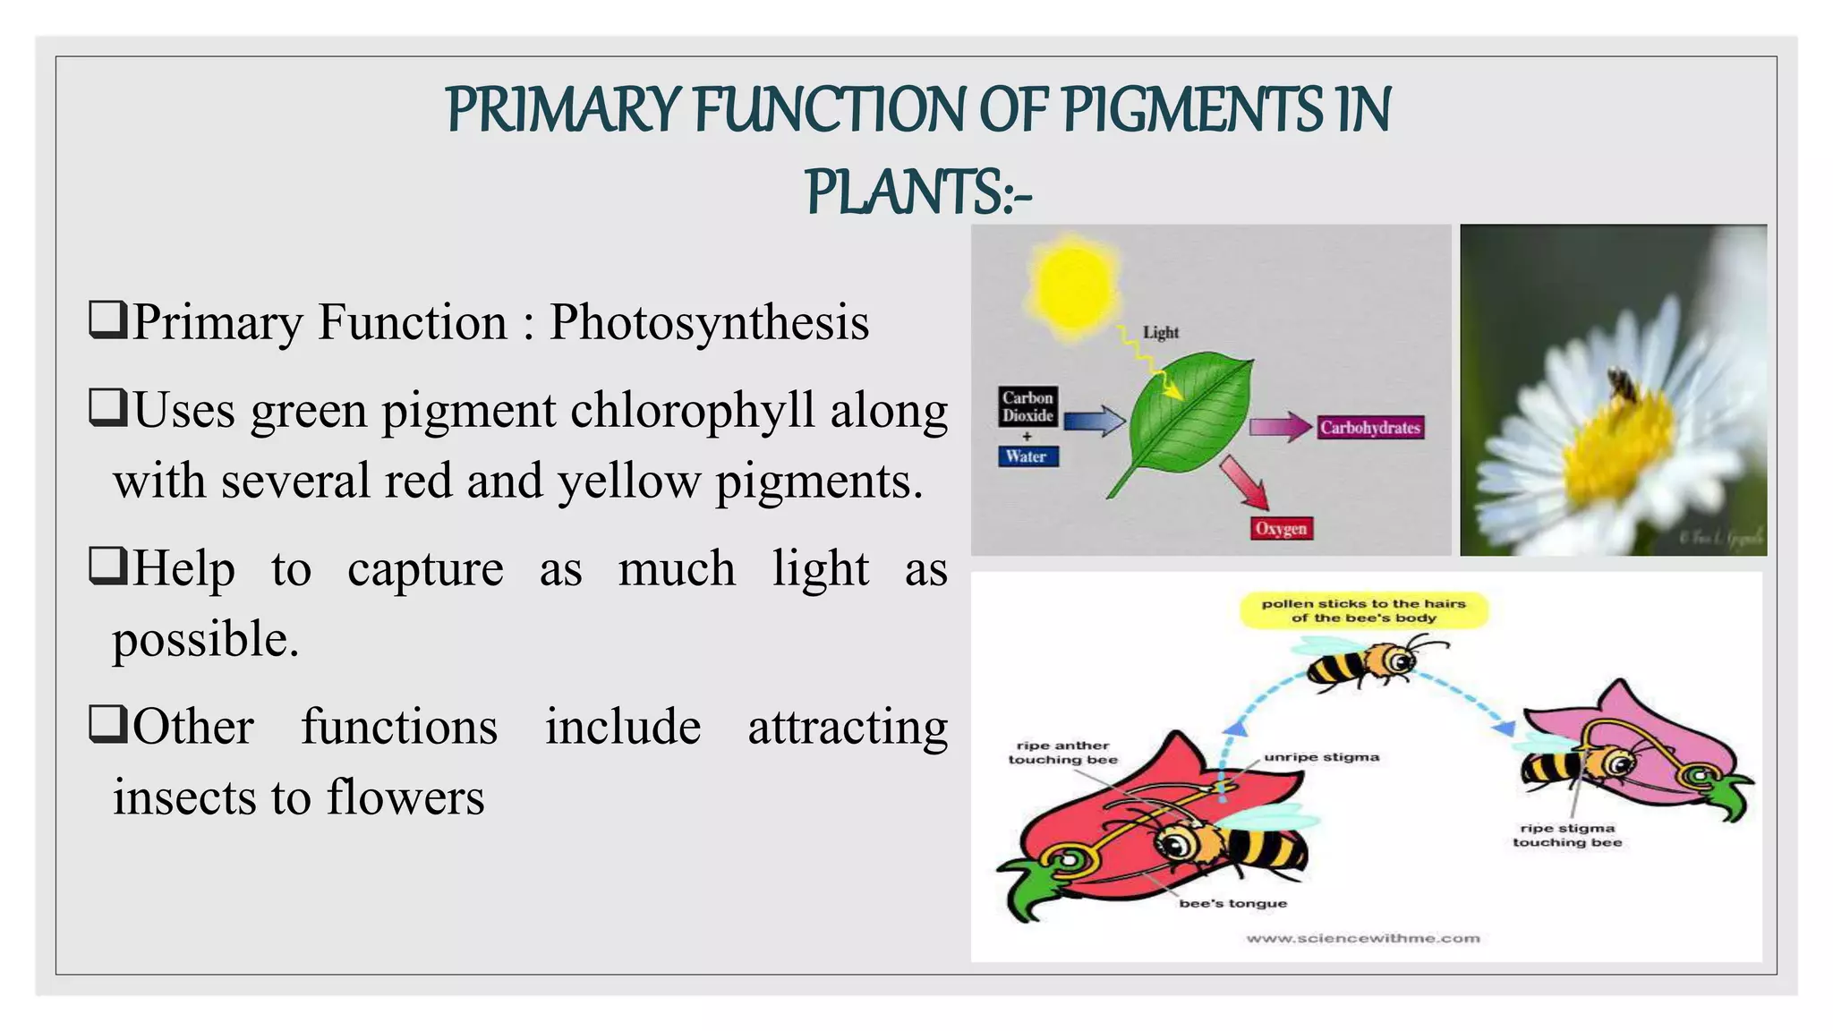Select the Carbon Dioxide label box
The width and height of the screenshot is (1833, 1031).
[x=1027, y=406]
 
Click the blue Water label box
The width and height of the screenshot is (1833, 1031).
[x=1027, y=456]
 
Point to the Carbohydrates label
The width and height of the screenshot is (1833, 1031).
[x=1369, y=428]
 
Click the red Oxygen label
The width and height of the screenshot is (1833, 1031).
[x=1281, y=528]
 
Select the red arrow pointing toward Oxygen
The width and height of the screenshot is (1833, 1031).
[x=1246, y=481]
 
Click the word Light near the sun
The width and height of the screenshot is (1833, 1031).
[x=1161, y=333]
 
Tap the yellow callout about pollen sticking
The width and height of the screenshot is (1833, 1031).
[x=1363, y=610]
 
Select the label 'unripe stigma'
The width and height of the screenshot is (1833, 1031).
[x=1321, y=757]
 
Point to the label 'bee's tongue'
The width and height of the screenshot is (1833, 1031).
[x=1232, y=904]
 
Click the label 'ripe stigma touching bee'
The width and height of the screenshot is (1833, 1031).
[x=1567, y=835]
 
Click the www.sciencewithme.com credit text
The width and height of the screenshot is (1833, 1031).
[x=1362, y=938]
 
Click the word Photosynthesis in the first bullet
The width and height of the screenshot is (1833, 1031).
[x=709, y=322]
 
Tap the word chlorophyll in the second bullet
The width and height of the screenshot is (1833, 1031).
[x=692, y=412]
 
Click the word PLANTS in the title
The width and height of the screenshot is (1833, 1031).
[x=904, y=192]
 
